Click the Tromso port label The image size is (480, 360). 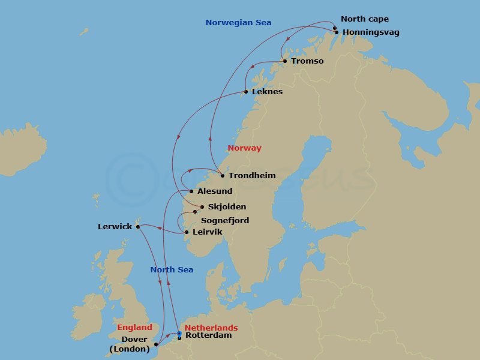pos(307,61)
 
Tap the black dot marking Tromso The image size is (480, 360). pos(284,61)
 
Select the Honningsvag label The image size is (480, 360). pos(370,32)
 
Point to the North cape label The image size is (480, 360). pos(364,19)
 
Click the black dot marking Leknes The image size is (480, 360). pos(246,92)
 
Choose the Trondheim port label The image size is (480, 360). pos(252,176)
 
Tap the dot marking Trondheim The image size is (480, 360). pos(223,176)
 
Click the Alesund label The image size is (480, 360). pos(215,191)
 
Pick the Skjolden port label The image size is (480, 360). pos(227,207)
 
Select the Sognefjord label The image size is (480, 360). pos(224,221)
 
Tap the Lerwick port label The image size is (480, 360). pos(115,227)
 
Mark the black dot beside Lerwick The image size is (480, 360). pos(138,226)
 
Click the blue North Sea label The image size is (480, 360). pos(172,270)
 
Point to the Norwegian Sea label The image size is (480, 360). pos(238,23)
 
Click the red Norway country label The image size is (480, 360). pos(244,148)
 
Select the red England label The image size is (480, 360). pos(134,328)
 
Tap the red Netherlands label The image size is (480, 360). pos(211,328)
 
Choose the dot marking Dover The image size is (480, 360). pos(156,344)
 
